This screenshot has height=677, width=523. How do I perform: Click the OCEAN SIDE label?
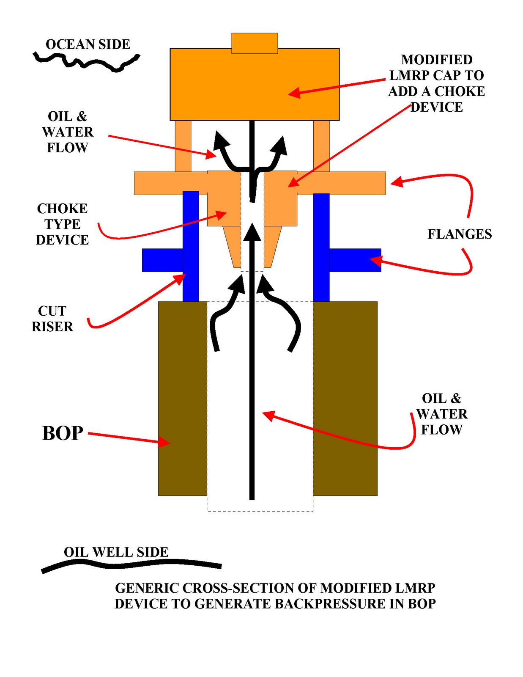coord(88,44)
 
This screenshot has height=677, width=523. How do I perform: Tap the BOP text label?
coord(63,433)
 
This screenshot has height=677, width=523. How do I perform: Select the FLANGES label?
coord(460,234)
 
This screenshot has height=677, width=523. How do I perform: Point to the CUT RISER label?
coord(52,319)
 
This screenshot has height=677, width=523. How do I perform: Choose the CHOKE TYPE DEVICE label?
coord(62,224)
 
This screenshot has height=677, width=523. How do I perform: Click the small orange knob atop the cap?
coord(255,43)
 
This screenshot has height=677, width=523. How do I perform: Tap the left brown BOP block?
coord(182,399)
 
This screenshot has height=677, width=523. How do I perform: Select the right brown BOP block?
coord(345,399)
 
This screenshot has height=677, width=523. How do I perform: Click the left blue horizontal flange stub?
coord(162,260)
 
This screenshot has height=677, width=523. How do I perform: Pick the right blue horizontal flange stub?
coord(355,260)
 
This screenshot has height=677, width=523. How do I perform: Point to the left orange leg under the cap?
coord(183,146)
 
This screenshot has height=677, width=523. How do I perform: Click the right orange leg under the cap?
coord(321,146)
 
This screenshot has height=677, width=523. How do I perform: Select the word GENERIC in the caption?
coord(146,588)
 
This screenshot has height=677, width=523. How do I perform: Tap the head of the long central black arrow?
coord(252,232)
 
